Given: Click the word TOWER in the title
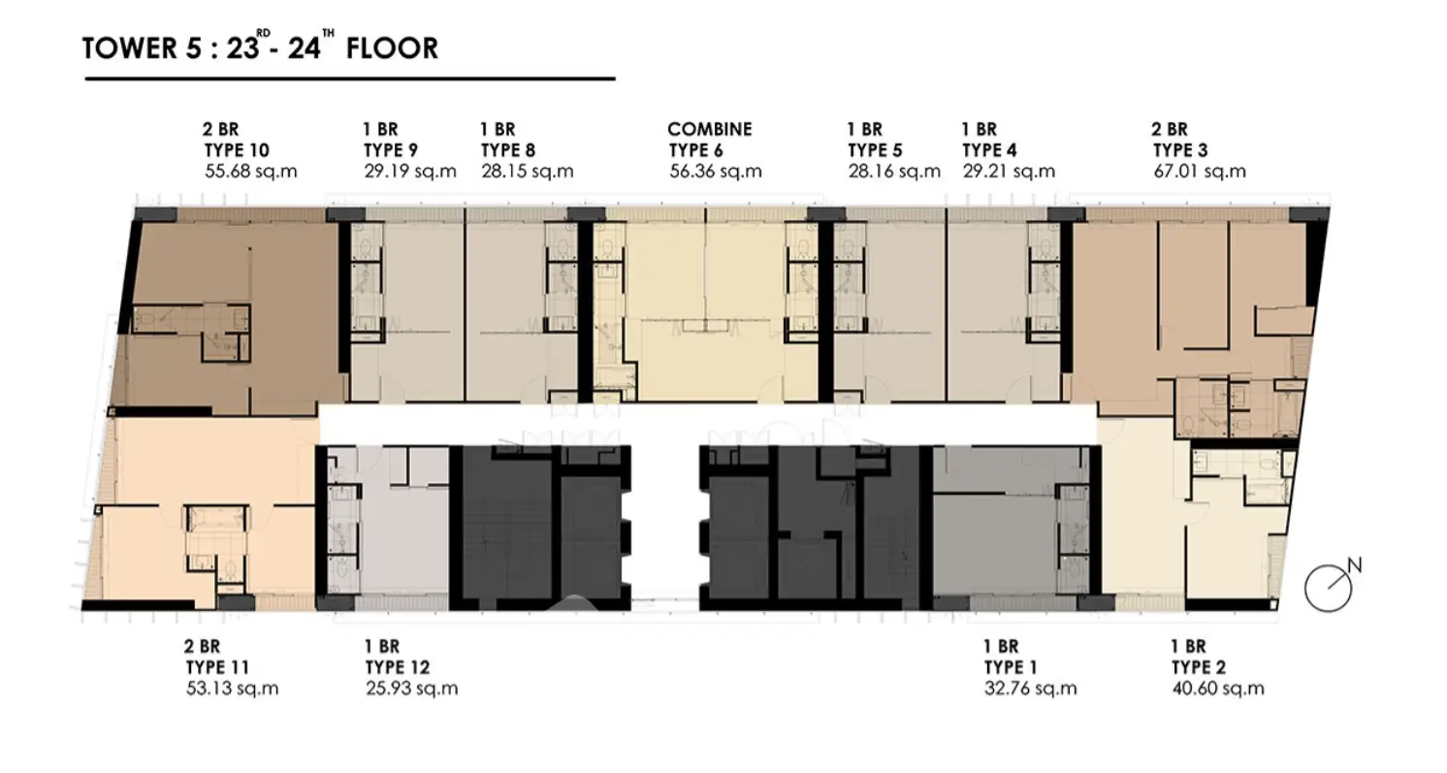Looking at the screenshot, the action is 129,48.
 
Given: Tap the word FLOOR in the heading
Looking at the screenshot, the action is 392,48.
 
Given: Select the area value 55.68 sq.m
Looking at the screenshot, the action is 250,172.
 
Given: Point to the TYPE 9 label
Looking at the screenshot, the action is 391,150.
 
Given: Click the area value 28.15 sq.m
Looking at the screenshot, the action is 528,172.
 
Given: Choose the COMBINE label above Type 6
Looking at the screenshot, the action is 710,129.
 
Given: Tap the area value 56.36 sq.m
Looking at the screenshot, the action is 715,172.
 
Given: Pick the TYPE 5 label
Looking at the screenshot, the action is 875,150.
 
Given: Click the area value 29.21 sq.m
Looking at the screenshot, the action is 1009,172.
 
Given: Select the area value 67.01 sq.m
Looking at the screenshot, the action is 1200,172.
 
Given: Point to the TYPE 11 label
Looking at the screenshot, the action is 217,667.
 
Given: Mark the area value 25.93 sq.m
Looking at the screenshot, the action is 411,689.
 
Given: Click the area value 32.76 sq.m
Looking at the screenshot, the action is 1030,689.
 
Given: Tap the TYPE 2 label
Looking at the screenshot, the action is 1199,667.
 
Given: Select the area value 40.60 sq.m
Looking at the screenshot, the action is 1218,689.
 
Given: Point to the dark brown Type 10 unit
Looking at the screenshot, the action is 233,310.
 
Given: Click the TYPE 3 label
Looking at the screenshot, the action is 1180,150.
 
